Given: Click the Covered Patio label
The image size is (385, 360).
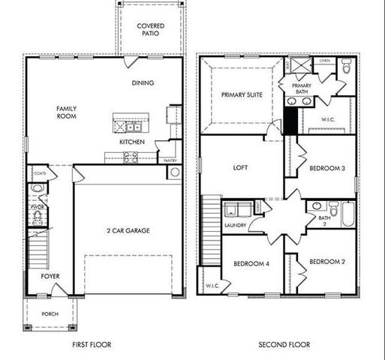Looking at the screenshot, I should (150, 30).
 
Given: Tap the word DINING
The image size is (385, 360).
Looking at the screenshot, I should (143, 83).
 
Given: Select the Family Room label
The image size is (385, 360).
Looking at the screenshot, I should (67, 113).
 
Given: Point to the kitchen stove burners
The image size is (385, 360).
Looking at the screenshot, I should (130, 157).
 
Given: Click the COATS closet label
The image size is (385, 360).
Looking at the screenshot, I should (40, 173).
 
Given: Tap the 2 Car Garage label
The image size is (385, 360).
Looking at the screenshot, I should (128, 230).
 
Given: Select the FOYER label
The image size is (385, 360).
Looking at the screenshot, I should (50, 277).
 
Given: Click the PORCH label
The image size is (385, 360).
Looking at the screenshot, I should (50, 314).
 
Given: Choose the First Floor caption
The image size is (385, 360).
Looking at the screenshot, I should (92, 345).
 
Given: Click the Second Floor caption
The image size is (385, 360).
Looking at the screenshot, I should (284, 345).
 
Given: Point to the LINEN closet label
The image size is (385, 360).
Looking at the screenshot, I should (324, 61).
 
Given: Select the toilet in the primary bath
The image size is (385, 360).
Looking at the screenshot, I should (346, 68).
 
